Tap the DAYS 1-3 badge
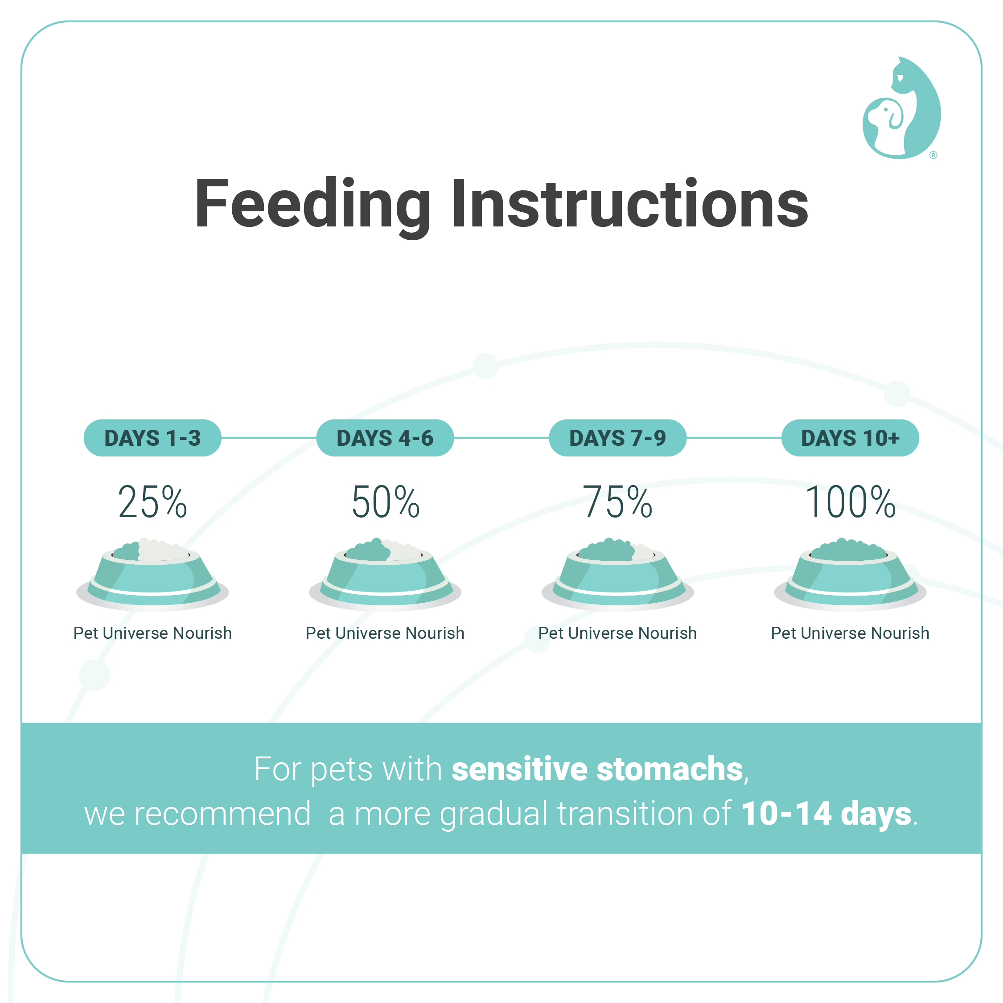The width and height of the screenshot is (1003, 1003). [x=152, y=438]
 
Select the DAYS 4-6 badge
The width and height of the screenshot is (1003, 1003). [x=385, y=438]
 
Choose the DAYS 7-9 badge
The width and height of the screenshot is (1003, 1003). [x=618, y=438]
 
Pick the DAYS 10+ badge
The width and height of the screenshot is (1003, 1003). [x=851, y=438]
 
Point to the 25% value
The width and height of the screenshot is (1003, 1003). [x=152, y=502]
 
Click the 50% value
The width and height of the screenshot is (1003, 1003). [x=385, y=502]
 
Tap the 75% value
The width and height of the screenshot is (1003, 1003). [x=618, y=502]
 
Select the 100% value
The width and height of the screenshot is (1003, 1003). [x=851, y=502]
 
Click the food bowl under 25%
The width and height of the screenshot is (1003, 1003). [x=152, y=575]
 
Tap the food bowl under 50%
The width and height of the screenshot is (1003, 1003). [x=385, y=575]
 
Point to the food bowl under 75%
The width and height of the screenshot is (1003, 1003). [x=618, y=575]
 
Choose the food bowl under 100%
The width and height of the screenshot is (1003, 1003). [x=851, y=575]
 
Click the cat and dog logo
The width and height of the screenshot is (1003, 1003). [x=902, y=107]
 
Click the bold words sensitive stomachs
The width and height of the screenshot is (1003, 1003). [x=597, y=769]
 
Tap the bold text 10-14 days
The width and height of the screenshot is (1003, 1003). [x=826, y=814]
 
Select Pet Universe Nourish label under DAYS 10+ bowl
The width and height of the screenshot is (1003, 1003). [x=851, y=633]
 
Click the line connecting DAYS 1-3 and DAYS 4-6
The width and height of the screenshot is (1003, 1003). [x=269, y=438]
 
